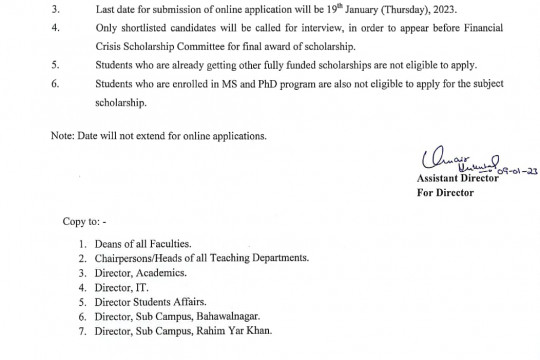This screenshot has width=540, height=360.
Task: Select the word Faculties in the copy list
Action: (181, 245)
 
